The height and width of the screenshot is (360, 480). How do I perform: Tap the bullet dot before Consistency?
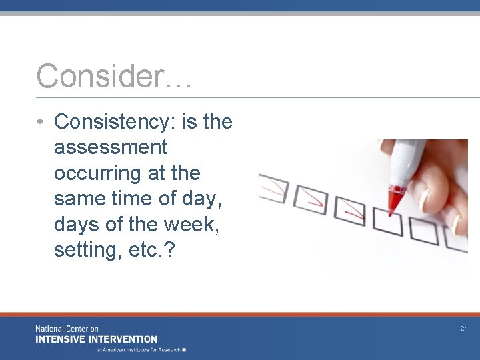click(x=41, y=122)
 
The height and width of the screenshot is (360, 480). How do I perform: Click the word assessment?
click(x=111, y=147)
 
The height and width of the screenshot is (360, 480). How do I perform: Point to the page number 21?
click(x=464, y=329)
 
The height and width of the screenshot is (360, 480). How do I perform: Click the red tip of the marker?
click(x=396, y=201)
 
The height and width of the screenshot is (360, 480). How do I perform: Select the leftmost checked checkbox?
click(x=273, y=187)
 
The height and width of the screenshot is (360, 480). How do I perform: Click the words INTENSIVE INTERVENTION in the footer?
click(x=96, y=339)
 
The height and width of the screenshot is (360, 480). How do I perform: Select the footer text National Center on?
click(x=67, y=329)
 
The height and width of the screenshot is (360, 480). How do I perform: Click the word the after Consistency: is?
click(x=217, y=122)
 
